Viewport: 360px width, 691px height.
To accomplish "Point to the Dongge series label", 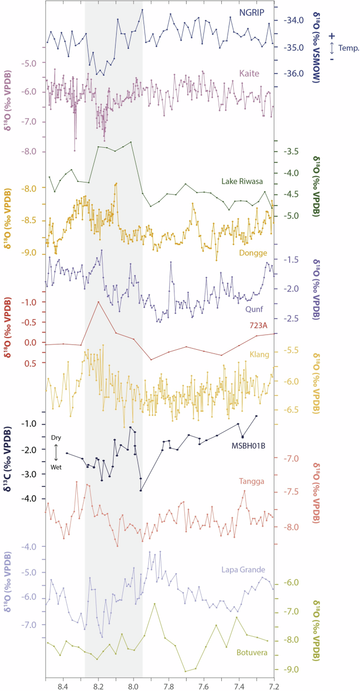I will pos(253,238).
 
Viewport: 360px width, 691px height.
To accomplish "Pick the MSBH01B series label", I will pos(249,445).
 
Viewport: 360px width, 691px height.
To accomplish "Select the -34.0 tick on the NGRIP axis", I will pos(294,21).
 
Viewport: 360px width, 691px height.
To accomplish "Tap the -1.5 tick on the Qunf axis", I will pos(292,260).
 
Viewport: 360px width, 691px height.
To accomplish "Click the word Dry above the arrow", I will pos(56,438).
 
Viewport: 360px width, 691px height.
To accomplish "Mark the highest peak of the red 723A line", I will pos(98,302).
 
